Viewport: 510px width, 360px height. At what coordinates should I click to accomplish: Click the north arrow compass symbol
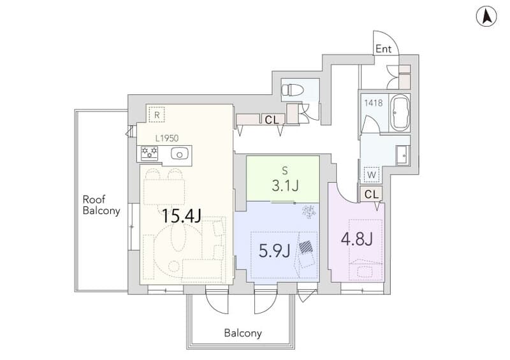(486, 17)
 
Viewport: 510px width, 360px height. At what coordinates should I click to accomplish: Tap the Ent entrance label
(383, 49)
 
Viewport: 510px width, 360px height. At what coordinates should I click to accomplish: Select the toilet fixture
(292, 89)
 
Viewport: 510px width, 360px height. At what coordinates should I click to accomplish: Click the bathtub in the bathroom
(400, 113)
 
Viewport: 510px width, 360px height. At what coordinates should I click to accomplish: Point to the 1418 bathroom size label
(374, 103)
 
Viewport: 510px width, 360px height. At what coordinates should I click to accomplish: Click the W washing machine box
(372, 175)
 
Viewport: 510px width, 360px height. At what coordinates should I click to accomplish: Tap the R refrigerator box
(157, 115)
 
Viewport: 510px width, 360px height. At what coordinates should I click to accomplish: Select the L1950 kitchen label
(167, 138)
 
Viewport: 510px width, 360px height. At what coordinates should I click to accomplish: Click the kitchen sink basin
(178, 154)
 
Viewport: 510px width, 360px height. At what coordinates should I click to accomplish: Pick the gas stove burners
(149, 153)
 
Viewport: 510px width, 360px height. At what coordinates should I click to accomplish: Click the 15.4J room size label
(182, 215)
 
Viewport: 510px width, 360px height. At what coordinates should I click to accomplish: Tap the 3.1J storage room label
(285, 186)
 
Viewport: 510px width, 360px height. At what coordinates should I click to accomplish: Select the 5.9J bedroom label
(274, 251)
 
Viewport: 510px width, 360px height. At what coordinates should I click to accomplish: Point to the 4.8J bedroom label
(356, 240)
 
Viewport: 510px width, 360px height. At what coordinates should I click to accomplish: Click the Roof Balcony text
(101, 205)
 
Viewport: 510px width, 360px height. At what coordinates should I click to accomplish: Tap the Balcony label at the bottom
(243, 333)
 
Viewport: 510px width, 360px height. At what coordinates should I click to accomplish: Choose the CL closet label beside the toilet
(272, 120)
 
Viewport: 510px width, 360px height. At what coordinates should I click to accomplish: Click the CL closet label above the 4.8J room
(372, 194)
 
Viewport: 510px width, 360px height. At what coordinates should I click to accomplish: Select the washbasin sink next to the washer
(402, 155)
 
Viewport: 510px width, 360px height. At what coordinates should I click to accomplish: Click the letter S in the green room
(285, 170)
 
